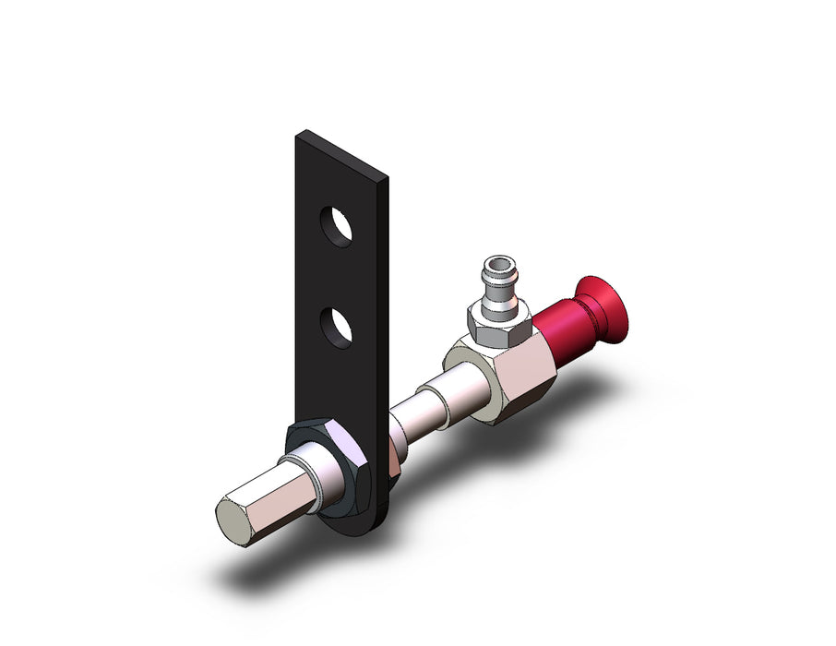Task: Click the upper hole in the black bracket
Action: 336,225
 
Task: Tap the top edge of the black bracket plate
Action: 341,152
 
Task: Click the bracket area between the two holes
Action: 336,277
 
